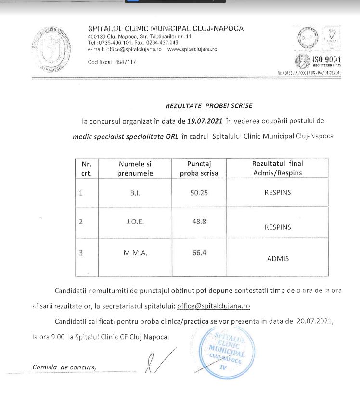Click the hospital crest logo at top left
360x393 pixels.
[x=47, y=49]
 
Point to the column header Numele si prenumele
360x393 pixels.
[x=135, y=168]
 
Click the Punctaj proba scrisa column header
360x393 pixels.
[x=199, y=168]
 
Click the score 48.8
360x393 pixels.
[x=199, y=223]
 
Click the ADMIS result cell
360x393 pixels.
[x=278, y=259]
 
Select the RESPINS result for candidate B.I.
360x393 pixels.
[x=278, y=193]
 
